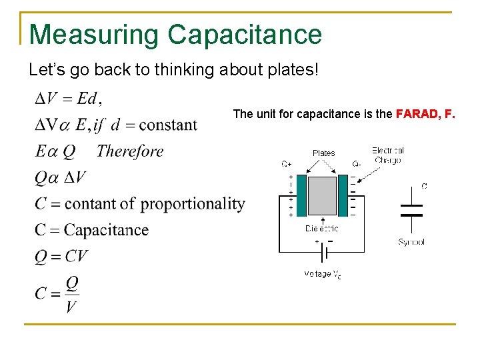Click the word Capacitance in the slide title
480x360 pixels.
click(245, 34)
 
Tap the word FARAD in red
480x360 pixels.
click(417, 114)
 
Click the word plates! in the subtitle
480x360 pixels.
click(293, 69)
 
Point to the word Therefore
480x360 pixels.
click(130, 151)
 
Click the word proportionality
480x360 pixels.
click(193, 203)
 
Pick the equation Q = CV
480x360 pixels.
click(61, 256)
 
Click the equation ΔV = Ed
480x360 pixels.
click(67, 99)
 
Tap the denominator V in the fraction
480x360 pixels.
click(71, 307)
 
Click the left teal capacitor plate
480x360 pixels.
click(301, 195)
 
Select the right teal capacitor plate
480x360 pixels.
click(343, 195)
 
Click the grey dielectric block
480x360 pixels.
click(323, 195)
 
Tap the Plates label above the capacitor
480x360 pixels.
click(324, 153)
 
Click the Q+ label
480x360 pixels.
click(286, 163)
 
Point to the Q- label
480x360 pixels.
click(357, 163)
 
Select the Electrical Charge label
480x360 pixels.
click(388, 155)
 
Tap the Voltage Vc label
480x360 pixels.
click(323, 274)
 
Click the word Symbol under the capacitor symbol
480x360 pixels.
click(411, 242)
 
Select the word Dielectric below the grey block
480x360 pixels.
click(323, 229)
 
